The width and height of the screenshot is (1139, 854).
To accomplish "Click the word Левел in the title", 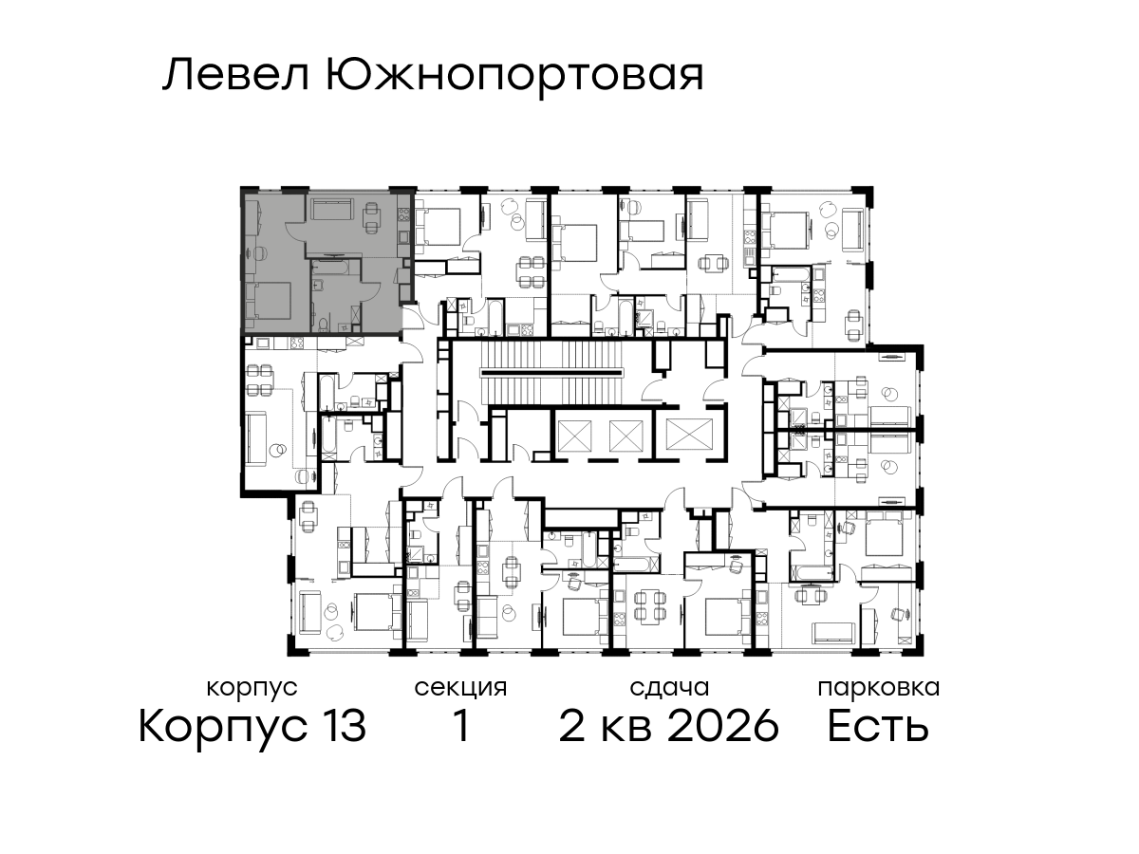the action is (x=236, y=76).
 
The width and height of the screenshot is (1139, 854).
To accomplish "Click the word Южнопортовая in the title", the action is (x=514, y=78).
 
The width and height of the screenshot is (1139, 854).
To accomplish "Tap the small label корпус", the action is (x=252, y=689).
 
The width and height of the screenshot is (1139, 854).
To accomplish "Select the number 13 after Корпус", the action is (x=342, y=726).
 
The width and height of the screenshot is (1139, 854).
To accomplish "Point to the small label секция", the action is (x=460, y=689).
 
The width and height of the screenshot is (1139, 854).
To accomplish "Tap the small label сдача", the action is (x=669, y=688).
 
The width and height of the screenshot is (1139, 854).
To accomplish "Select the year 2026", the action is (x=723, y=726).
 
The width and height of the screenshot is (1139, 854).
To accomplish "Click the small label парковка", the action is (x=879, y=688).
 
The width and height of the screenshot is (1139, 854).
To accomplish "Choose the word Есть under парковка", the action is (x=877, y=726).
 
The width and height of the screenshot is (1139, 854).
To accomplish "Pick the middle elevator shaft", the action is (x=626, y=435).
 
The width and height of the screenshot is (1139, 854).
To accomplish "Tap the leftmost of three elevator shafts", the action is (x=574, y=435).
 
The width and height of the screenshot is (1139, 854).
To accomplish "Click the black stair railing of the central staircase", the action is (x=551, y=372).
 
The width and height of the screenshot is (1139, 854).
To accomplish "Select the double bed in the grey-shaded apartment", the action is (x=269, y=300).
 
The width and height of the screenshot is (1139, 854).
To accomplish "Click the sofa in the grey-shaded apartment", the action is (x=331, y=208).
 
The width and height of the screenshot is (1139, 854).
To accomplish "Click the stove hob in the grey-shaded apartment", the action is (x=403, y=214).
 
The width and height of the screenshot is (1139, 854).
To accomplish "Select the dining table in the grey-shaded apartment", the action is (x=371, y=217).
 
